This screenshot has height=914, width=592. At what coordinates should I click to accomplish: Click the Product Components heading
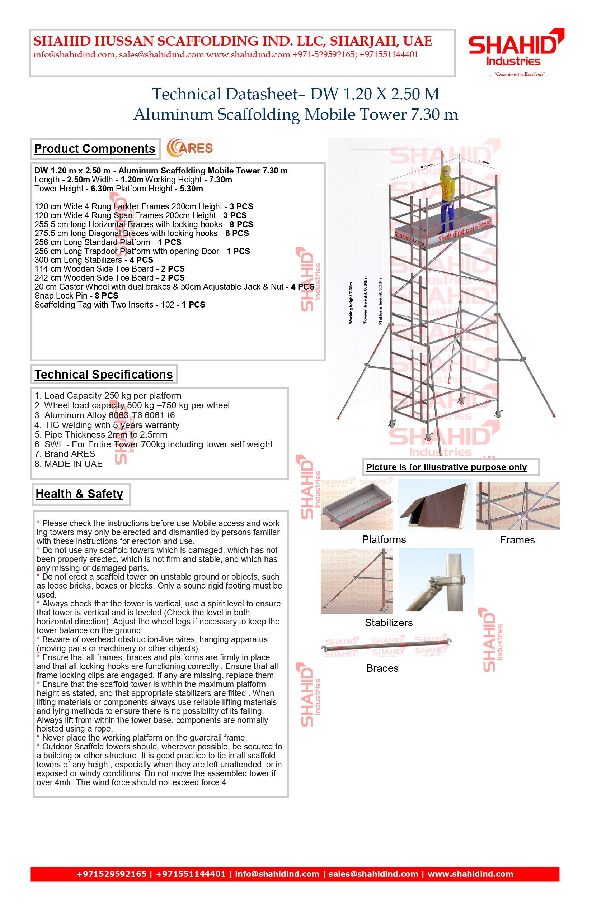click(x=95, y=149)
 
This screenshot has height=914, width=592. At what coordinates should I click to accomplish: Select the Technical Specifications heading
click(x=104, y=375)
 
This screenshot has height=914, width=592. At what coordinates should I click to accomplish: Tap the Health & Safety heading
click(x=80, y=494)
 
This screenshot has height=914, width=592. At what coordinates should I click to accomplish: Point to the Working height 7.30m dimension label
click(x=351, y=303)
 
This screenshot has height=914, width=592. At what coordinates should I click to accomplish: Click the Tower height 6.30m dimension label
click(x=365, y=300)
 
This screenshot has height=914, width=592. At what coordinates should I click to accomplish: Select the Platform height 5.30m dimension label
click(x=380, y=301)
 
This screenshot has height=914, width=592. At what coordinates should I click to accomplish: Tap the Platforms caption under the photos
click(x=384, y=539)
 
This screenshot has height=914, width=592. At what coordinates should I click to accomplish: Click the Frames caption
click(x=517, y=540)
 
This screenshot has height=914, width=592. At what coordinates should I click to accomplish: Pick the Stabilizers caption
click(x=389, y=623)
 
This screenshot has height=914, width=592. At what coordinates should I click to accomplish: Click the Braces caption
click(x=382, y=668)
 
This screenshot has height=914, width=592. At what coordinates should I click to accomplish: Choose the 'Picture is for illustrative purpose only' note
click(x=446, y=467)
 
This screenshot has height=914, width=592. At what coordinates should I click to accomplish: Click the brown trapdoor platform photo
click(x=436, y=505)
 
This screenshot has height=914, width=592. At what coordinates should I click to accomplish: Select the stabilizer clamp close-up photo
click(x=436, y=580)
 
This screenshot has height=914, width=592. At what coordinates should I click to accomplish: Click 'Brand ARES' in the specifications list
click(x=65, y=454)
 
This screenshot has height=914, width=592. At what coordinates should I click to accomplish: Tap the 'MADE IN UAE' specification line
click(x=69, y=464)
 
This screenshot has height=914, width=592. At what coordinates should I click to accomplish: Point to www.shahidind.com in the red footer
click(x=470, y=874)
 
